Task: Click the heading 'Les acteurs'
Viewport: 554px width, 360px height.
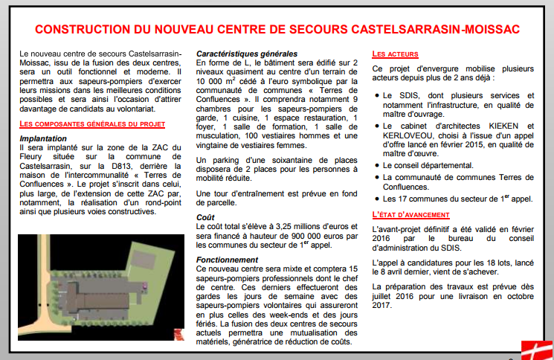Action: click(x=395, y=54)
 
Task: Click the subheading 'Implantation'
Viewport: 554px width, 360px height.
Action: click(x=44, y=138)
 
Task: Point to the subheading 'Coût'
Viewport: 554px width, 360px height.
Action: click(x=205, y=217)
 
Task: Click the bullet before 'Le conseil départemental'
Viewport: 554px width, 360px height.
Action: click(x=376, y=165)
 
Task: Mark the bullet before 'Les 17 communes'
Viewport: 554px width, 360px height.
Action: click(x=376, y=199)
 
